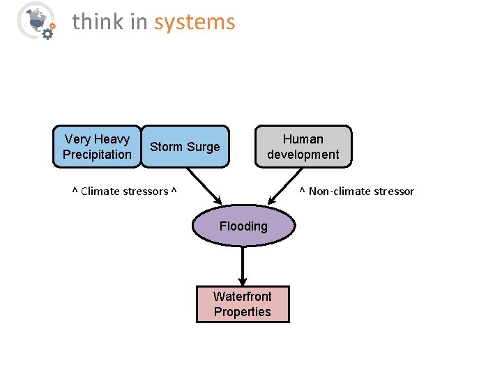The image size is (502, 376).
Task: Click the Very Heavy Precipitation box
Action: click(x=96, y=147)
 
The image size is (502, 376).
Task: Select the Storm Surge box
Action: click(x=185, y=147)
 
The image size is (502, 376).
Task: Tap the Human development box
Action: click(x=303, y=147)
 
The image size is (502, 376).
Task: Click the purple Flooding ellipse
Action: click(x=243, y=226)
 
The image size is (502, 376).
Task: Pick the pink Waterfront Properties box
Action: click(x=243, y=304)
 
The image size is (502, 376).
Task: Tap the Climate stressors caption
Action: click(x=125, y=191)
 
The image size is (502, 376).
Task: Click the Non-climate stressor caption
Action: click(x=357, y=191)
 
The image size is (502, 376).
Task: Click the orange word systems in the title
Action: click(x=195, y=22)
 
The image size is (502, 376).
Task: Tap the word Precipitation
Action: click(x=97, y=155)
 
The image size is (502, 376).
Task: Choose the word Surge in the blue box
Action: click(x=203, y=147)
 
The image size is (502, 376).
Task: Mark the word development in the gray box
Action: click(x=303, y=155)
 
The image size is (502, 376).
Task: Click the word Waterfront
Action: click(x=243, y=297)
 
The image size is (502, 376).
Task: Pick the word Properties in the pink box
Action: click(x=243, y=312)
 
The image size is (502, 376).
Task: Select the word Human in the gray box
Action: click(x=303, y=139)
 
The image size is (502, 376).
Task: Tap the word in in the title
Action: click(x=140, y=22)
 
